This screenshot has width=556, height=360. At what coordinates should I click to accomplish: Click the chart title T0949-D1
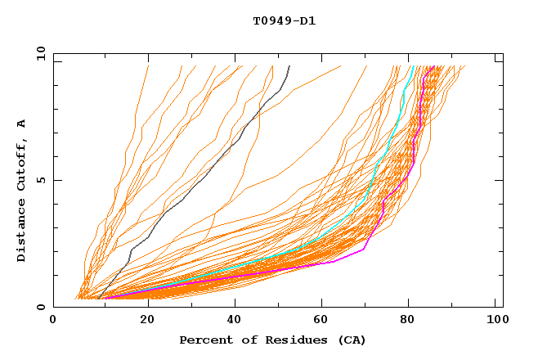(284, 20)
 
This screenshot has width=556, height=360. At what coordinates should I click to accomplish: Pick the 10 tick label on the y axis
(39, 53)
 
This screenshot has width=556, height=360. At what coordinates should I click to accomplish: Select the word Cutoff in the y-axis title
(22, 163)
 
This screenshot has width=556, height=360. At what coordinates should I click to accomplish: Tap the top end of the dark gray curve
(289, 66)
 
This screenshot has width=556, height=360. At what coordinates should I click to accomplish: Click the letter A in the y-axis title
(22, 124)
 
